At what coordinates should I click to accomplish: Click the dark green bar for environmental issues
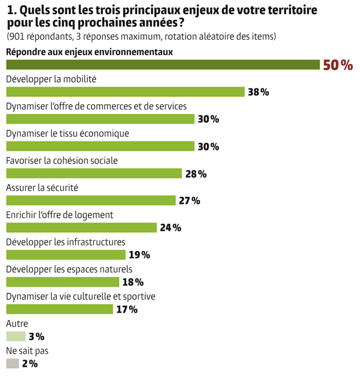tap(162, 65)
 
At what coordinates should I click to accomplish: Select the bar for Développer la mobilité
tap(125, 92)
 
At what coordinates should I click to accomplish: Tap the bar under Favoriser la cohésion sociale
tap(94, 173)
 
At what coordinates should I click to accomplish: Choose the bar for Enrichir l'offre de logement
tap(81, 227)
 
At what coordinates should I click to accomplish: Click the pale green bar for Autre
tap(15, 337)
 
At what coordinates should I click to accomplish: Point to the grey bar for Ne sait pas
tap(12, 364)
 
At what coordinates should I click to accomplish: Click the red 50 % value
tap(337, 65)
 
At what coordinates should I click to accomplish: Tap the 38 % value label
tap(258, 92)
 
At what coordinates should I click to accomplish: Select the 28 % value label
tap(196, 174)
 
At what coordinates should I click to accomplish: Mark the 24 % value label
tap(170, 228)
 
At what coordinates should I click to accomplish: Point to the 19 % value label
tap(139, 255)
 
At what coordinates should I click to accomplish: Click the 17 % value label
tap(127, 310)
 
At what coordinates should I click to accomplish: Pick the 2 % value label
tap(29, 364)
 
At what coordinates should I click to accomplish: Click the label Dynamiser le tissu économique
tap(67, 133)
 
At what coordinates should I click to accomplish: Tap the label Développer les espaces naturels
tap(69, 269)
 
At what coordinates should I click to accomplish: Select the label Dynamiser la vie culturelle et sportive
tap(80, 296)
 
